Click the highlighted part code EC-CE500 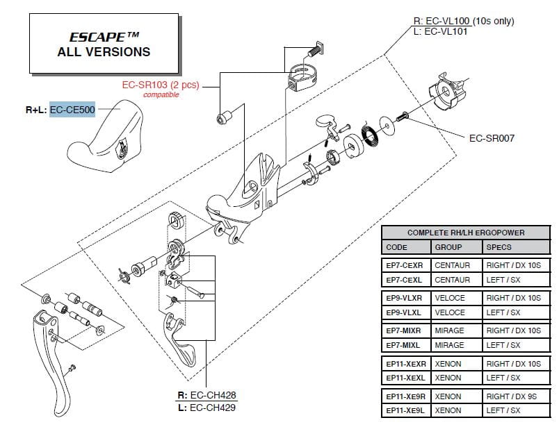point(72,110)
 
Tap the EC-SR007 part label point(492,138)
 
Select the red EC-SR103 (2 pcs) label point(161,85)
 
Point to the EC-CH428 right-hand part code point(213,395)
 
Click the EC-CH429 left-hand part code point(213,408)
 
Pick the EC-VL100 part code point(448,21)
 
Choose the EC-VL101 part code point(446,31)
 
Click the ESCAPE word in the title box point(97,37)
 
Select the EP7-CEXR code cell point(404,265)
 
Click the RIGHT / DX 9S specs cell point(511,396)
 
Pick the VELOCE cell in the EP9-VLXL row point(450,312)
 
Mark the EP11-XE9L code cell point(405,410)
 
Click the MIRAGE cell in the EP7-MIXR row point(449,331)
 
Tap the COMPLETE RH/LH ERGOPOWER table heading point(466,233)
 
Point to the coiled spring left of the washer point(369,133)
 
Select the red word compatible point(161,94)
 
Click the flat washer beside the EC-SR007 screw point(387,126)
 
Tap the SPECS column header point(499,247)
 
